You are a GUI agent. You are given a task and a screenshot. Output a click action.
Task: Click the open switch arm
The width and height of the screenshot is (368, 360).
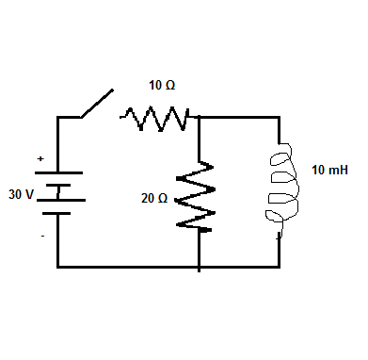(96, 104)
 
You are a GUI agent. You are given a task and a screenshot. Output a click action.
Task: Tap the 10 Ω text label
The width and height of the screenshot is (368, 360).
(162, 86)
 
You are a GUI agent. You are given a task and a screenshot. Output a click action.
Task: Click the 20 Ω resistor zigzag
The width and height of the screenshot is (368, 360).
(200, 193)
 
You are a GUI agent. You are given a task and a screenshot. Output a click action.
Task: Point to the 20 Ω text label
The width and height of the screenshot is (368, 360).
(153, 199)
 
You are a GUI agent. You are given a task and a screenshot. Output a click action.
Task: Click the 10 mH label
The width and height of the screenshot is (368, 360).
(328, 172)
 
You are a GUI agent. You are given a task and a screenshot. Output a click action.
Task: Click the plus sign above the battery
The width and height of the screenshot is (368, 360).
(40, 160)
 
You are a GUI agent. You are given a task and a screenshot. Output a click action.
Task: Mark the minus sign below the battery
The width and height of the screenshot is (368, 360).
(41, 236)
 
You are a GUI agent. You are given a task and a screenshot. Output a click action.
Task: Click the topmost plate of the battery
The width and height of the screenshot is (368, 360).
(58, 172)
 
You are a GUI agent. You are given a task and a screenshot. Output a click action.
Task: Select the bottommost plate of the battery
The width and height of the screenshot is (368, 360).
(58, 214)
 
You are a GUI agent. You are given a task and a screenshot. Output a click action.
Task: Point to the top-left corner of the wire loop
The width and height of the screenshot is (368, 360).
(58, 118)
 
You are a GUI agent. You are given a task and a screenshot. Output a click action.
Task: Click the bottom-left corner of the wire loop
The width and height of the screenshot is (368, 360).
(58, 267)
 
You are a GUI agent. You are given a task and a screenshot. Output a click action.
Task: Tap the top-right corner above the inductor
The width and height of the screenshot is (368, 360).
(280, 118)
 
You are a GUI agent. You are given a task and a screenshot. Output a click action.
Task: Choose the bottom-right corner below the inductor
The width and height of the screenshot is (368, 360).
(280, 267)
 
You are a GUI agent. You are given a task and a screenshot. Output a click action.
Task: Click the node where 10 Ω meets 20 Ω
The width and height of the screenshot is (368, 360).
(200, 118)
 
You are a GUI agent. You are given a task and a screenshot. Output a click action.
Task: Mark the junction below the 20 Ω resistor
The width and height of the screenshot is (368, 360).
(200, 267)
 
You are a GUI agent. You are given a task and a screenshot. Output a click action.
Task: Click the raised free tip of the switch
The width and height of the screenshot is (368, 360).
(112, 90)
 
